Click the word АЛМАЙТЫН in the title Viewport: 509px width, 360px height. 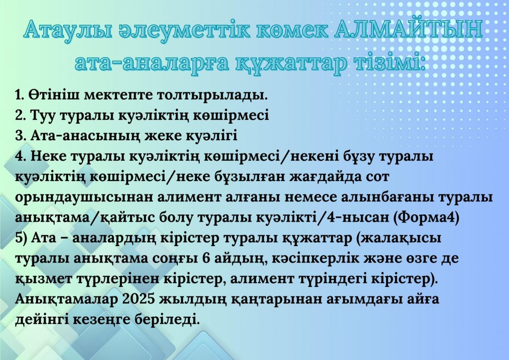[408, 29]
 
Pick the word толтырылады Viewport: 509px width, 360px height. [212, 95]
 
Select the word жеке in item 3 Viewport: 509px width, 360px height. [163, 136]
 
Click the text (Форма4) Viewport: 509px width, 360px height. [426, 217]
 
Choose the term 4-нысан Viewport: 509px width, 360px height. [356, 218]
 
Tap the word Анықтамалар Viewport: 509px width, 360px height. [66, 299]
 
